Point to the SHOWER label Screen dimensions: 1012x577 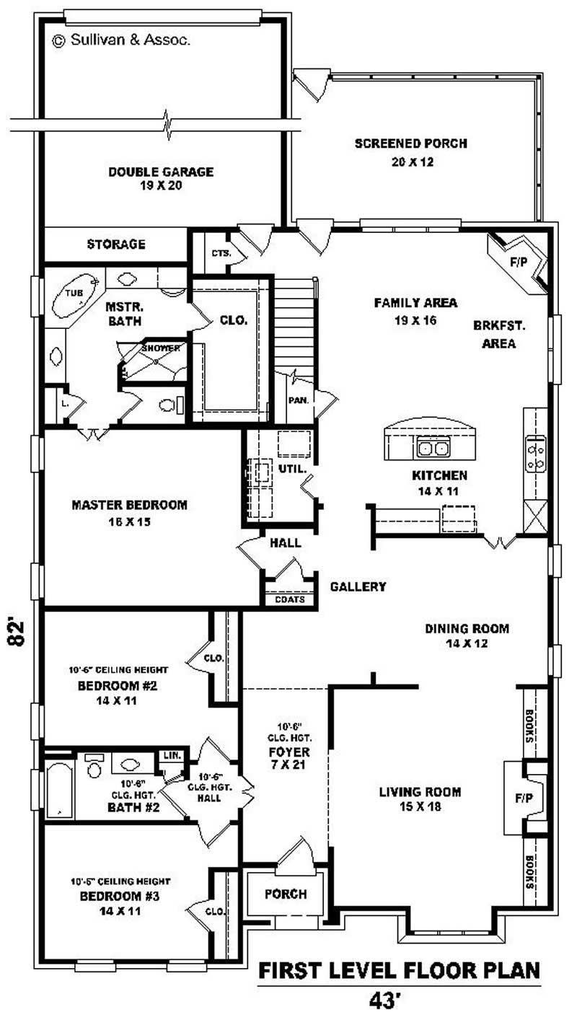coord(160,348)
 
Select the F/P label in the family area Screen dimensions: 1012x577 coord(519,263)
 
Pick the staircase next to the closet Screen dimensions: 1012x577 coord(294,325)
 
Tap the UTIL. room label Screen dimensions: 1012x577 coord(293,469)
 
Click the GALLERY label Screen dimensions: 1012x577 coord(358,586)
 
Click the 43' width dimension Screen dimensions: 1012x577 coord(385,1000)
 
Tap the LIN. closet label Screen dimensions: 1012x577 coord(172,755)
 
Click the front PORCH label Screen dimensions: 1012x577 coord(286,894)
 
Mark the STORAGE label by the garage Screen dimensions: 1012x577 coord(116,245)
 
